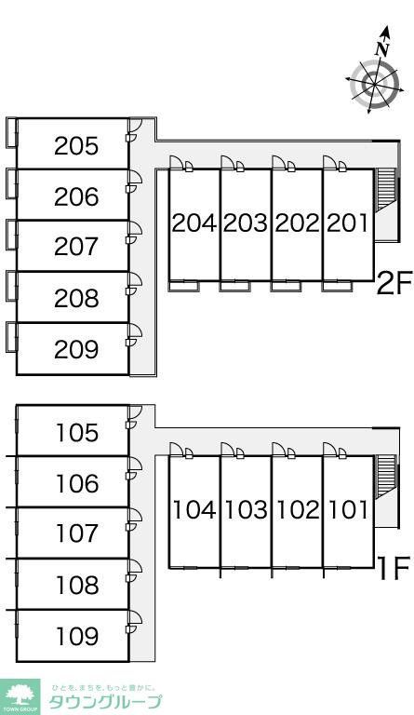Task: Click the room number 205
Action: point(76,146)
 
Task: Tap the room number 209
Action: point(76,349)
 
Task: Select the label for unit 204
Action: point(194,223)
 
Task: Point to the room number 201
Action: point(348,223)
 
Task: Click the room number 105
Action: point(77,433)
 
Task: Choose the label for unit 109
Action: point(77,636)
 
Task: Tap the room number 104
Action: point(194,510)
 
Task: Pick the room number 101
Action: point(348,510)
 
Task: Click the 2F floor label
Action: point(394,283)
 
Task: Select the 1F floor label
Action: point(394,568)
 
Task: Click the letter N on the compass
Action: point(381,48)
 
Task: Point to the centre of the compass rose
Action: point(374,85)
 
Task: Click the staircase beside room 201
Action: point(386,190)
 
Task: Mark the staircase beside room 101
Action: point(386,475)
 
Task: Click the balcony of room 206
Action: point(11,183)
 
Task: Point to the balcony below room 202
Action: point(286,287)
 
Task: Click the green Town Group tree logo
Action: point(20,695)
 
